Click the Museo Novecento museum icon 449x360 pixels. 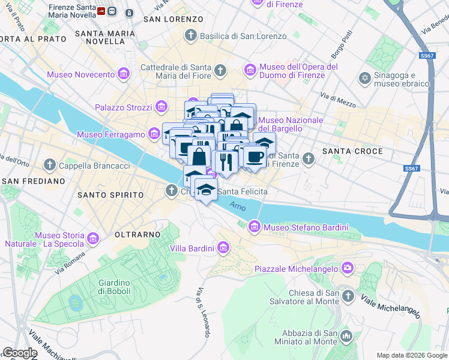tap(124, 74)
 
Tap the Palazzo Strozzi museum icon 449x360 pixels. tap(161, 107)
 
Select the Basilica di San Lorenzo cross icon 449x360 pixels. tap(191, 36)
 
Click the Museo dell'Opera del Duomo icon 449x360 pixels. tap(250, 71)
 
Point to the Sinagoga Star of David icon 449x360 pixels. tap(364, 79)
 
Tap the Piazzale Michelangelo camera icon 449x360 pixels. tap(347, 268)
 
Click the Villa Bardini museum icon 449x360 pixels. tap(223, 248)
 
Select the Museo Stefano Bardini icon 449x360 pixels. tap(254, 227)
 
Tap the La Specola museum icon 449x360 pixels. tap(93, 239)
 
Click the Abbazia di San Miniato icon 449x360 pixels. tap(346, 336)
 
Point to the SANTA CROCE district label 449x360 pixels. tap(352, 151)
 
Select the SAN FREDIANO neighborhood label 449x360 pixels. tap(33, 181)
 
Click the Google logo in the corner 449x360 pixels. tap(20, 353)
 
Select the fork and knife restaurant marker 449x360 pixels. tap(226, 162)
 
